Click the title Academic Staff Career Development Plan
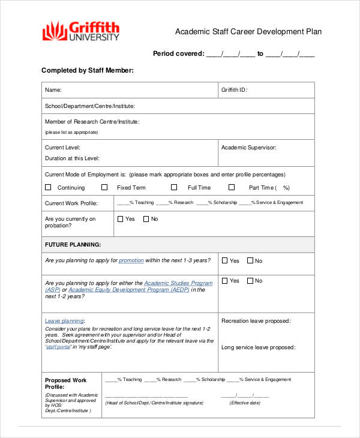248,31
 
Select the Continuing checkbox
48,187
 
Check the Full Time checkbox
174,187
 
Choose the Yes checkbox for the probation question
121,219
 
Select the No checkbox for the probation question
146,219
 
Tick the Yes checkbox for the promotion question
225,260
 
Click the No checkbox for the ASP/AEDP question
250,281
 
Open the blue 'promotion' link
131,260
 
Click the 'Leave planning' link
64,321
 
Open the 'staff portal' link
59,347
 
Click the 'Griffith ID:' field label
234,90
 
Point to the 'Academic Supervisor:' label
248,147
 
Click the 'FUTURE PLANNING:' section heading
73,245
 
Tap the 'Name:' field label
53,90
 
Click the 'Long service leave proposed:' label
257,347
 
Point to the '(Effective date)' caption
245,403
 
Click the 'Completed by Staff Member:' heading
87,70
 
